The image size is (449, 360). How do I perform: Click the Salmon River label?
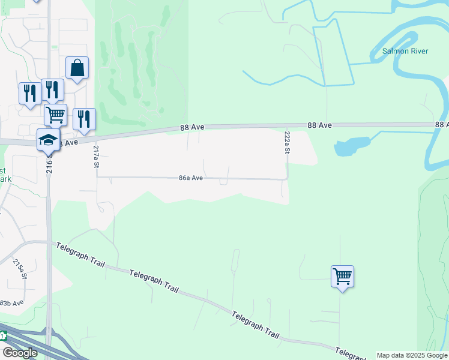coord(405,51)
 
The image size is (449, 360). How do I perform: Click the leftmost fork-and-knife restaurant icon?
coord(29,94)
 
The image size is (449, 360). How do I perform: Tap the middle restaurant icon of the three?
coord(52,90)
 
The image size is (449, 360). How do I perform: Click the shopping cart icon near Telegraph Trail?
coord(342,277)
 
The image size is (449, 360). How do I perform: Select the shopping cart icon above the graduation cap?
coord(55,114)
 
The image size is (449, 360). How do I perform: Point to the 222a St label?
coord(287,143)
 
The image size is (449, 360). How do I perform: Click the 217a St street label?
coord(96,155)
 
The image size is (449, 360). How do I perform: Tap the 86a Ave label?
coord(191,178)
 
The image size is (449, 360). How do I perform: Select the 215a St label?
coord(20,268)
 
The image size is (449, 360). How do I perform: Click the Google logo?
coord(20,353)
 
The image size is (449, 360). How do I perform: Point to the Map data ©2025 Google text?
coord(412,355)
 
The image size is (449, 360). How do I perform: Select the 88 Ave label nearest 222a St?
coord(319,125)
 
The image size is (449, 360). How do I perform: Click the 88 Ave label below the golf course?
coord(193,128)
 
